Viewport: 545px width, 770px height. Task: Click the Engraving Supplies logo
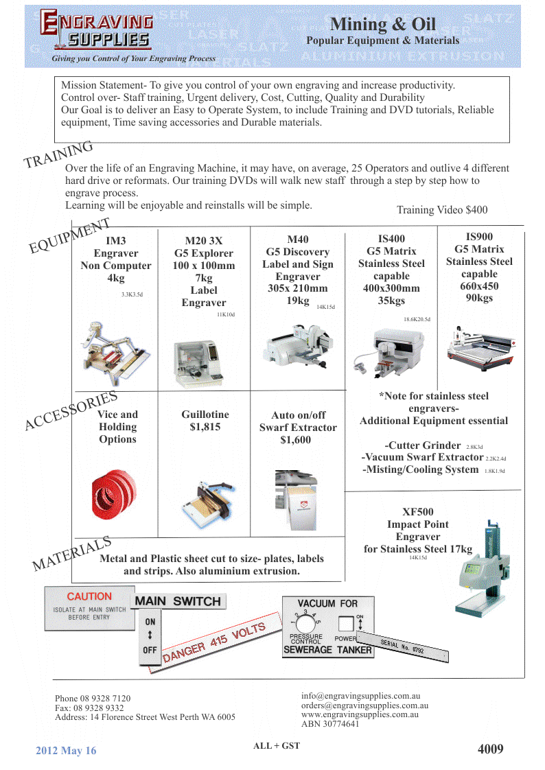96,31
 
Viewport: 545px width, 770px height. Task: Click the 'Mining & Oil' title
382,24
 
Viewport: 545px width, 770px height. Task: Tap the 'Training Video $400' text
442,210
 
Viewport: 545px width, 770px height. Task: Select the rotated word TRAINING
58,154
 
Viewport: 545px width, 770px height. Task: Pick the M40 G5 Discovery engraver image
299,350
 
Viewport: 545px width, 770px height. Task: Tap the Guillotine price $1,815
205,427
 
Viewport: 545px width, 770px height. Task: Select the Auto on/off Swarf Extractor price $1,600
296,440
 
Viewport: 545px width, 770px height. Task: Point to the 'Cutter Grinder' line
424,445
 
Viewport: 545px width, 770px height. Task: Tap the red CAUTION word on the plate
89,596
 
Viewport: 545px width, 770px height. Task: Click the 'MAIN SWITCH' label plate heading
178,602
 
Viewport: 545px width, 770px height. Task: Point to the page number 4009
490,749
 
